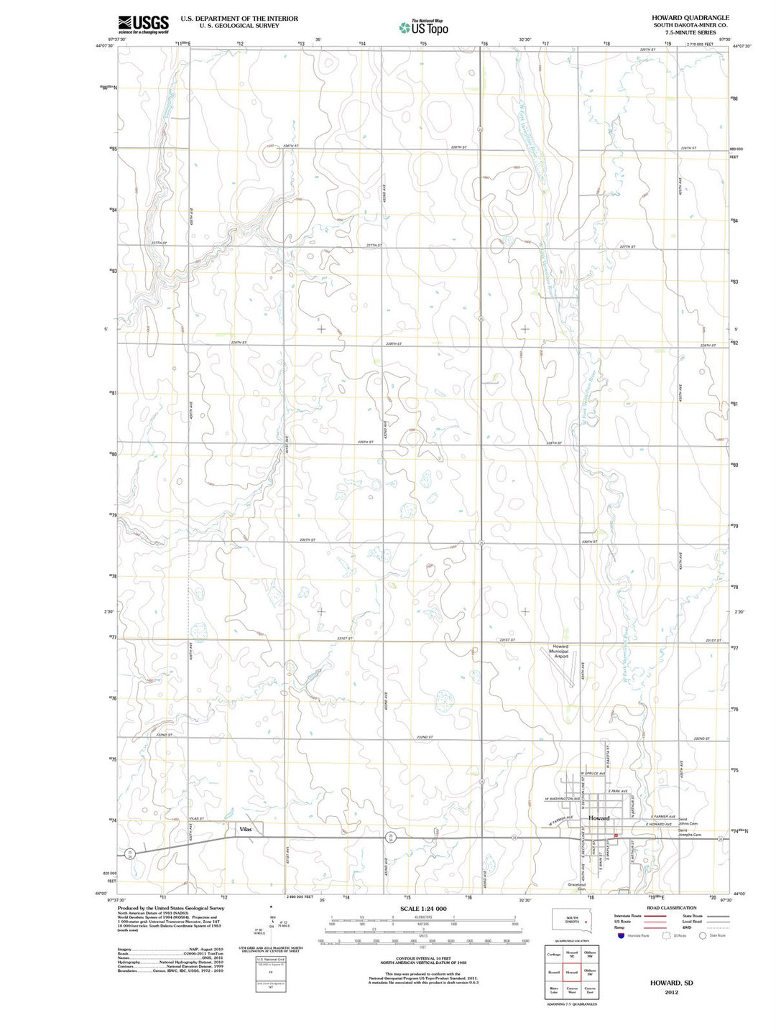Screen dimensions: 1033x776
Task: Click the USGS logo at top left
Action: (x=144, y=24)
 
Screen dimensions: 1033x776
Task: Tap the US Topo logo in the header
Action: (x=424, y=27)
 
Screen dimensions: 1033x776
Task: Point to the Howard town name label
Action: (x=599, y=818)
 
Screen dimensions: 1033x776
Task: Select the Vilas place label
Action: (x=244, y=829)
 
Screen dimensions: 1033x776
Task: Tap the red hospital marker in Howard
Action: (x=616, y=835)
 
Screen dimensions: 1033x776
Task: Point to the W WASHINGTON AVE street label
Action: (x=562, y=799)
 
